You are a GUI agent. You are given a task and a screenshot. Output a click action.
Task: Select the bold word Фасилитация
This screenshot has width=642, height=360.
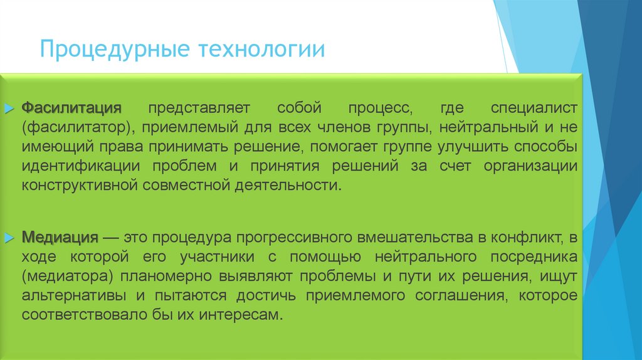point(71,108)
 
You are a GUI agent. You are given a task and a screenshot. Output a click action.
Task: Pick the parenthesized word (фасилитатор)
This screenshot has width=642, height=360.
point(76,127)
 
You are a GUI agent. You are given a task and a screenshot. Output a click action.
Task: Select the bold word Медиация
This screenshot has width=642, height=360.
point(61,238)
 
